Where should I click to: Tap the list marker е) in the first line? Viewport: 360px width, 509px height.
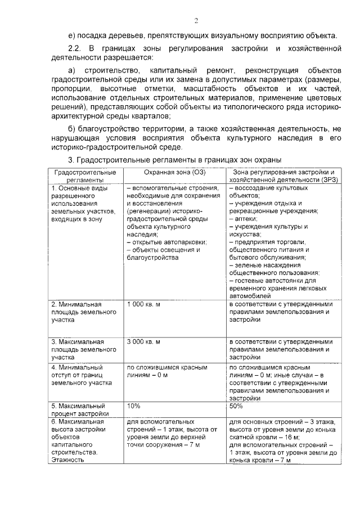click(x=70, y=35)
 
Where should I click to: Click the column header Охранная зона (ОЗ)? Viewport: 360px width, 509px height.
click(x=175, y=172)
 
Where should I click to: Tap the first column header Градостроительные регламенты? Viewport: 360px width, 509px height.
click(x=85, y=175)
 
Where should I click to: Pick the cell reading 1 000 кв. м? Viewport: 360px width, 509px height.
click(x=143, y=304)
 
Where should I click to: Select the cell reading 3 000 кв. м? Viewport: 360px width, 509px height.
click(x=143, y=341)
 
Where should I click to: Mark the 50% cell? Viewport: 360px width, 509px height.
click(x=236, y=405)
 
